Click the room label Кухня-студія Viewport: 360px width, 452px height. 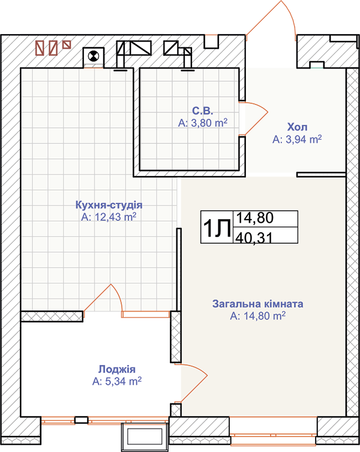pyautogui.click(x=109, y=205)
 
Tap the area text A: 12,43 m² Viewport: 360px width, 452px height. pyautogui.click(x=109, y=217)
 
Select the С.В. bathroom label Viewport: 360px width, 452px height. pyautogui.click(x=203, y=110)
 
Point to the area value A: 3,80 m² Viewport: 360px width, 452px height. pyautogui.click(x=203, y=123)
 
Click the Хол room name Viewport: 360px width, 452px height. pyautogui.click(x=297, y=127)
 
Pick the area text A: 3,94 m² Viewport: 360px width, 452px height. pyautogui.click(x=297, y=139)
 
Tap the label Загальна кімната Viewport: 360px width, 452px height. pyautogui.click(x=257, y=304)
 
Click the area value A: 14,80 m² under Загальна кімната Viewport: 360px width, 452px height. pyautogui.click(x=257, y=316)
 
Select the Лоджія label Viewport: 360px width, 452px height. pyautogui.click(x=117, y=369)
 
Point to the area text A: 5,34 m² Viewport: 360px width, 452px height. pyautogui.click(x=117, y=381)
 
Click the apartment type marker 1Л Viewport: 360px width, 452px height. pyautogui.click(x=217, y=228)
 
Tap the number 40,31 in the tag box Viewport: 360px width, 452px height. pyautogui.click(x=254, y=238)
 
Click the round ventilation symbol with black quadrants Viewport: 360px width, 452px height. pyautogui.click(x=94, y=56)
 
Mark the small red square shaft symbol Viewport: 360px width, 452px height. pyautogui.click(x=67, y=44)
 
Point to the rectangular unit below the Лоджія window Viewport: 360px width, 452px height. pyautogui.click(x=145, y=438)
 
